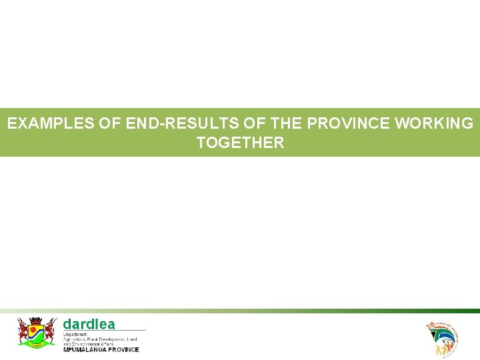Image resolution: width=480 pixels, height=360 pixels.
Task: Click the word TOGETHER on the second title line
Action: pos(240,143)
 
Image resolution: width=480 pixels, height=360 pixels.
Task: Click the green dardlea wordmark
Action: pos(89,324)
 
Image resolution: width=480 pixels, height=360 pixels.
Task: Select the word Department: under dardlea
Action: pos(75,334)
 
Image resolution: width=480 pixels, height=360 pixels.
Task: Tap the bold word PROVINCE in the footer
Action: pos(123,349)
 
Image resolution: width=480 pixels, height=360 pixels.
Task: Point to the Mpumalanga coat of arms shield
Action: pos(37,332)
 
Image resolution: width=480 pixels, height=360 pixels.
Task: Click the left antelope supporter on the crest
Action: pos(23,331)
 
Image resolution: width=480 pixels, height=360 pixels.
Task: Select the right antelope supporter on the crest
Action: pos(50,331)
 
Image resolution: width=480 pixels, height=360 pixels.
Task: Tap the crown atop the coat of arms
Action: pos(37,320)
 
